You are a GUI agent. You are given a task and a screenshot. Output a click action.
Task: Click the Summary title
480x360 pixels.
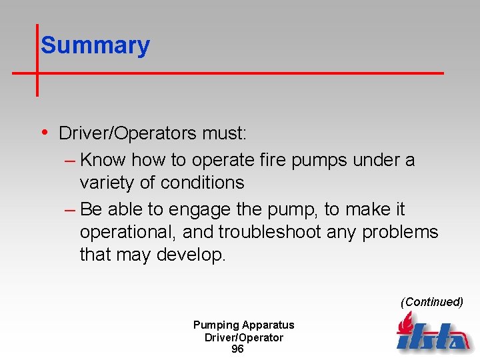coord(95,46)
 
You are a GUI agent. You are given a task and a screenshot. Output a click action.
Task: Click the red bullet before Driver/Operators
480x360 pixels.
coord(44,132)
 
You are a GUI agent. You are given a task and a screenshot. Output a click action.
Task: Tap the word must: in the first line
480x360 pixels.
coord(225,133)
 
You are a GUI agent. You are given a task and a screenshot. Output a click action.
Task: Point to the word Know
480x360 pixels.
coord(103,160)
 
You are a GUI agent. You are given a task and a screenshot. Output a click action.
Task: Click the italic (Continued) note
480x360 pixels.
coord(431,302)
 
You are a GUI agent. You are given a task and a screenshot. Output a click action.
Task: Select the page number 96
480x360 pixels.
coord(237,349)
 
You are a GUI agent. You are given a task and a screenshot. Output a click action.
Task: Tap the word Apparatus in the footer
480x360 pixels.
coord(268,325)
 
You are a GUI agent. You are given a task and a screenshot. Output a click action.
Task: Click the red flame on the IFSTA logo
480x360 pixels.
coord(404,325)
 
